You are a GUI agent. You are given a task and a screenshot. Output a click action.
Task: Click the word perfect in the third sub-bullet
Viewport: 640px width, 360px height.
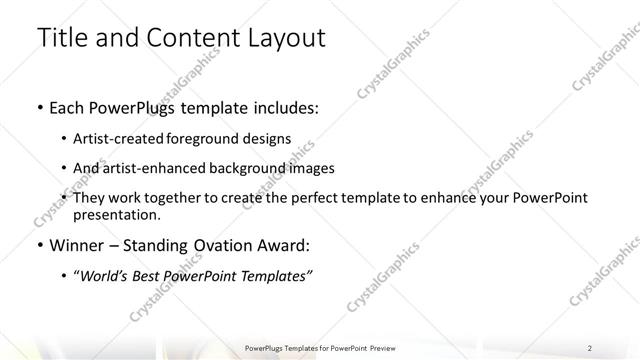coord(312,198)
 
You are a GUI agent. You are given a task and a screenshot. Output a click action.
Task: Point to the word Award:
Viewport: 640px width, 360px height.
coord(284,245)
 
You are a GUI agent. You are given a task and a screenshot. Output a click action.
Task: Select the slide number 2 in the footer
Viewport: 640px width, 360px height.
coord(590,347)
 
